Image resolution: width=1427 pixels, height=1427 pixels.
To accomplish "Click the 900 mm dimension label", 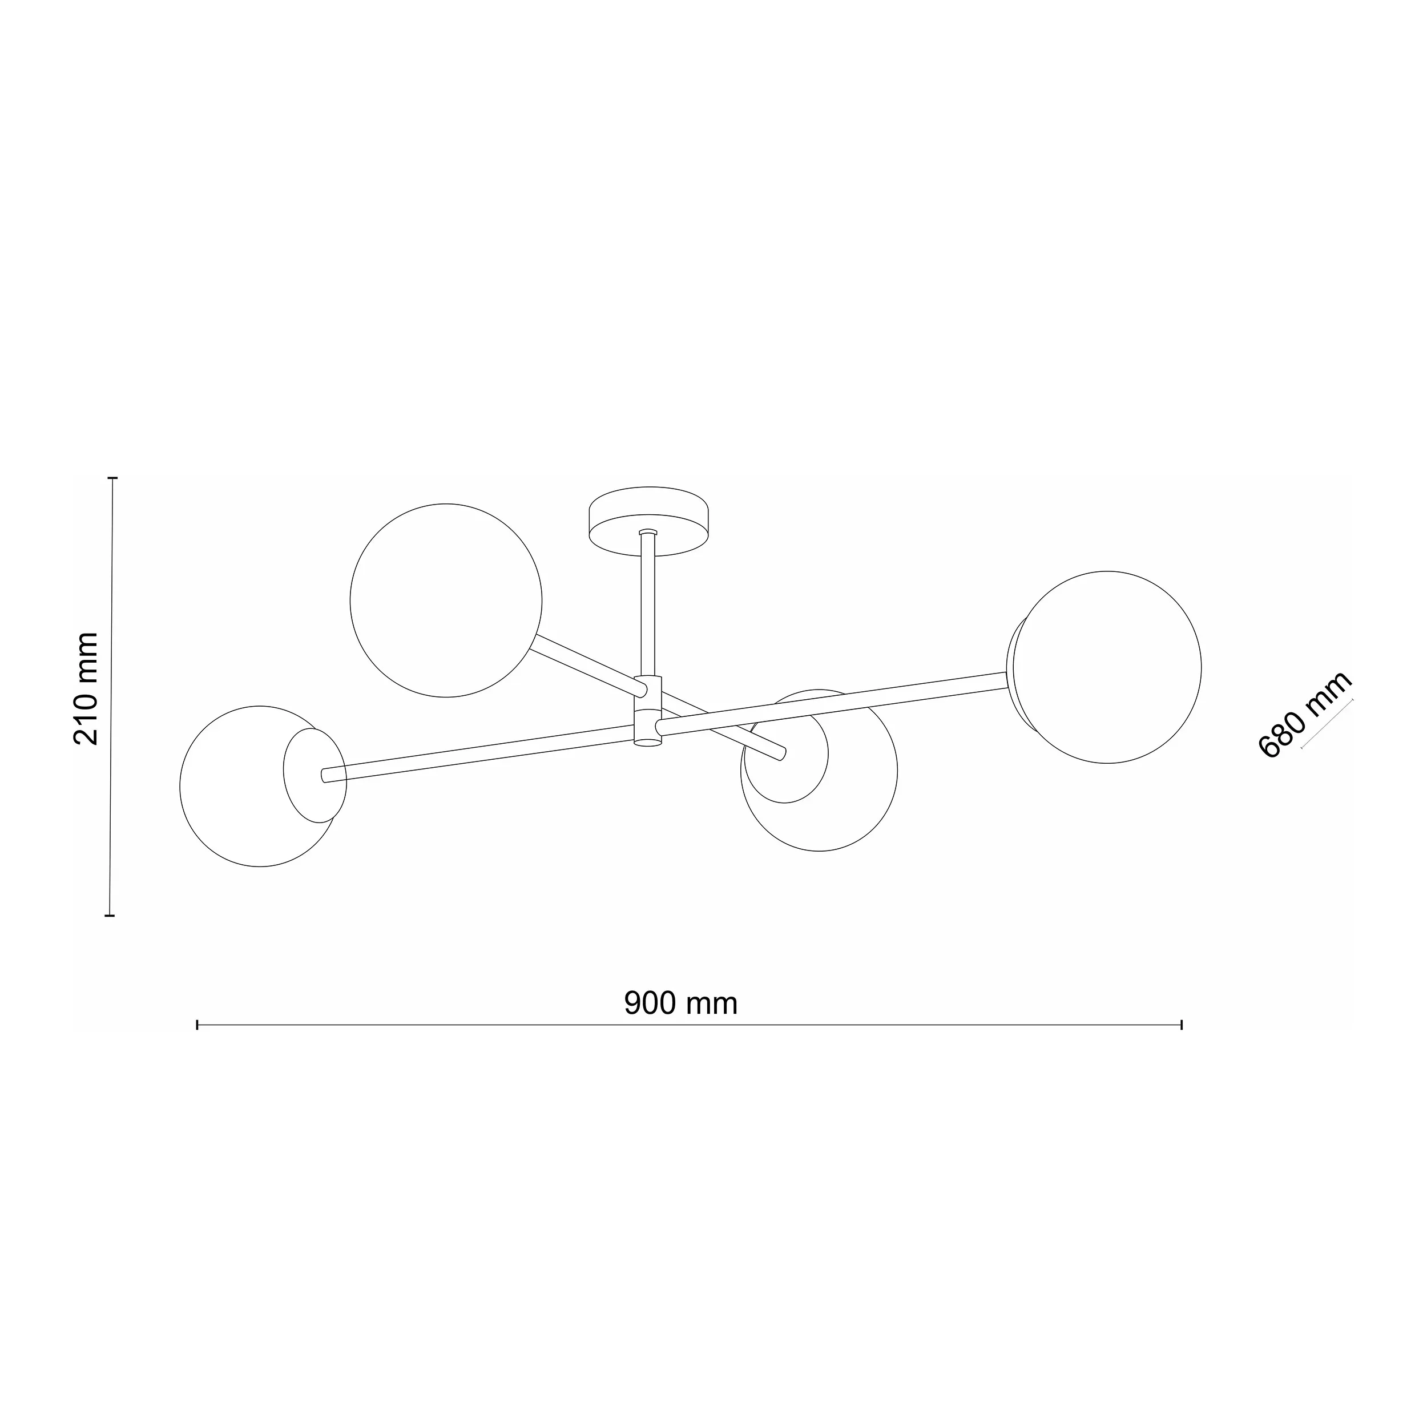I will (x=680, y=1003).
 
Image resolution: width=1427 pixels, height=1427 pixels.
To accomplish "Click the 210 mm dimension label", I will (x=86, y=688).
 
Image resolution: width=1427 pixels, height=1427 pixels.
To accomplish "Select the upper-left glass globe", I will (x=445, y=600).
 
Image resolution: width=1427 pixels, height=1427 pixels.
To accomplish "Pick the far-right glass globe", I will (x=1106, y=667).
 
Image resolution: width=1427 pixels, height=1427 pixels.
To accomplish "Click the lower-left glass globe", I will (x=244, y=805).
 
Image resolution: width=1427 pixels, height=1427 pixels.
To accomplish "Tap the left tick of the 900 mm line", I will (x=197, y=1025).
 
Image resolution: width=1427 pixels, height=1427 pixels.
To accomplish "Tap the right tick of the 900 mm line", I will (x=1182, y=1025).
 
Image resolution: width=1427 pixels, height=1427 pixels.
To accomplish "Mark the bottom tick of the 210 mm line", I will (x=110, y=915).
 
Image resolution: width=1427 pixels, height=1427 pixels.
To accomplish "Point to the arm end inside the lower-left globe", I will (x=324, y=775).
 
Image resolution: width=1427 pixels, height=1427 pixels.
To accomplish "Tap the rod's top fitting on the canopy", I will (x=648, y=531).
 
